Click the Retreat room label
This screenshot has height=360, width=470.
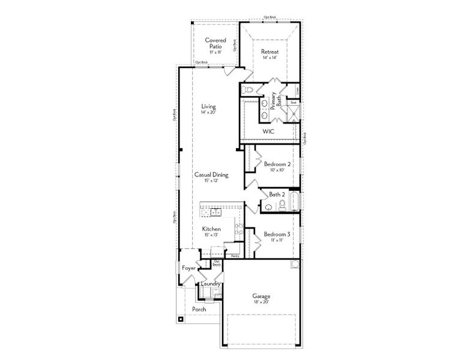pyautogui.click(x=270, y=52)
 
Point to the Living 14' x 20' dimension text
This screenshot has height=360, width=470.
pyautogui.click(x=208, y=112)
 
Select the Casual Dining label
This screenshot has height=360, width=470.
pyautogui.click(x=211, y=175)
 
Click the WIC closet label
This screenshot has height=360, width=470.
pyautogui.click(x=269, y=131)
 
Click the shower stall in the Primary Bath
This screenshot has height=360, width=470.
pyautogui.click(x=294, y=113)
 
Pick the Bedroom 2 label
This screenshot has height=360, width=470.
pyautogui.click(x=277, y=164)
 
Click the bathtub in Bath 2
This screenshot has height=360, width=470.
pyautogui.click(x=294, y=202)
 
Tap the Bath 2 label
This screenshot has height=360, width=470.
pyautogui.click(x=277, y=194)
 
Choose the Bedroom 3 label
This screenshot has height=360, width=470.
pyautogui.click(x=277, y=234)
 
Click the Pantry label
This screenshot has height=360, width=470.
pyautogui.click(x=235, y=256)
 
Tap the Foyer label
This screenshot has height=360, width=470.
pyautogui.click(x=189, y=268)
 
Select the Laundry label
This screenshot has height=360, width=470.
pyautogui.click(x=211, y=284)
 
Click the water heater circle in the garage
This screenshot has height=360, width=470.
pyautogui.click(x=295, y=265)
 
